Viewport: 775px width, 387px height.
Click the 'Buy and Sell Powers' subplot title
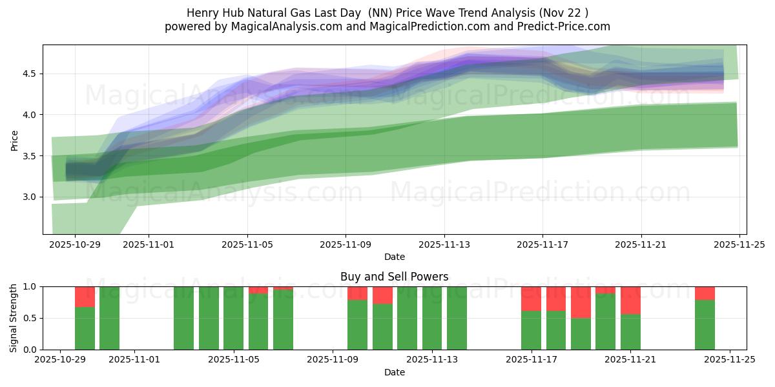tap(394, 277)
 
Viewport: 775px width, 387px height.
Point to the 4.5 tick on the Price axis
tap(29, 74)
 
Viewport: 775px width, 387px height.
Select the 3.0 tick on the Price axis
tap(29, 197)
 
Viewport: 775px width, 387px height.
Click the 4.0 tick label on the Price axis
tap(29, 115)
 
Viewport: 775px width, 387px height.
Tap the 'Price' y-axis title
tap(14, 139)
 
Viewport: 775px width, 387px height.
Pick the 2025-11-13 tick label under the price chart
tap(444, 245)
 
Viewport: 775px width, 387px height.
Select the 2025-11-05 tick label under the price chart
tap(247, 245)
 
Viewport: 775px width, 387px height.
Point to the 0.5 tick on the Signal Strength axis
tap(29, 318)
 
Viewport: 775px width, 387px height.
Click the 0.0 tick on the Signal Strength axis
tap(29, 350)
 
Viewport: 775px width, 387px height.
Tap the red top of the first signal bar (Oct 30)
tap(85, 297)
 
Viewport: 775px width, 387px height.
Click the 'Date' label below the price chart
tap(394, 257)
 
